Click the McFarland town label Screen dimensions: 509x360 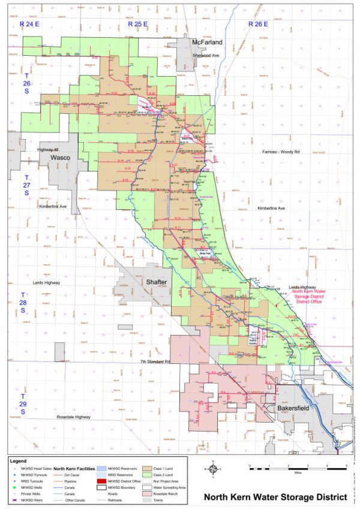pyautogui.click(x=207, y=43)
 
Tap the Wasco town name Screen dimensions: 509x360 pyautogui.click(x=61, y=157)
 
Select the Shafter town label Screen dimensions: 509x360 pyautogui.click(x=157, y=281)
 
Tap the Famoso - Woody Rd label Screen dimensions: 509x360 pyautogui.click(x=286, y=153)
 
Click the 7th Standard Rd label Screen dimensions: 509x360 pyautogui.click(x=155, y=362)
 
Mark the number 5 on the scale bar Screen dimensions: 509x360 pyautogui.click(x=346, y=465)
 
